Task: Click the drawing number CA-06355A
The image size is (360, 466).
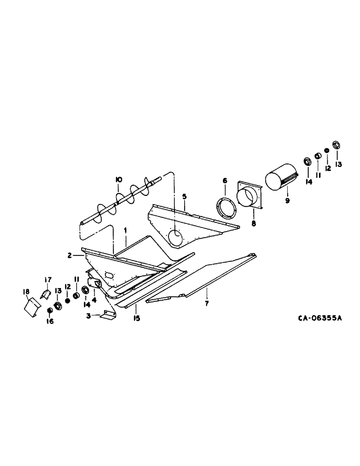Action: point(320,318)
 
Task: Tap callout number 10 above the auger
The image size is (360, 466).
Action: point(118,179)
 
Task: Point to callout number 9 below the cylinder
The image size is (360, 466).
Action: point(287,200)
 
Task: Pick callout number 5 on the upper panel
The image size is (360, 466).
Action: point(185,197)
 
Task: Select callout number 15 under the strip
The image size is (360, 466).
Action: point(136,319)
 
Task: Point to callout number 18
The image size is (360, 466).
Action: point(26,292)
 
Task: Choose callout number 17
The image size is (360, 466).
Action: point(47,279)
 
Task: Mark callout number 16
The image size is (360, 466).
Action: point(51,321)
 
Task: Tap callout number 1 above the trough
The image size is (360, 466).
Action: point(125,230)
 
